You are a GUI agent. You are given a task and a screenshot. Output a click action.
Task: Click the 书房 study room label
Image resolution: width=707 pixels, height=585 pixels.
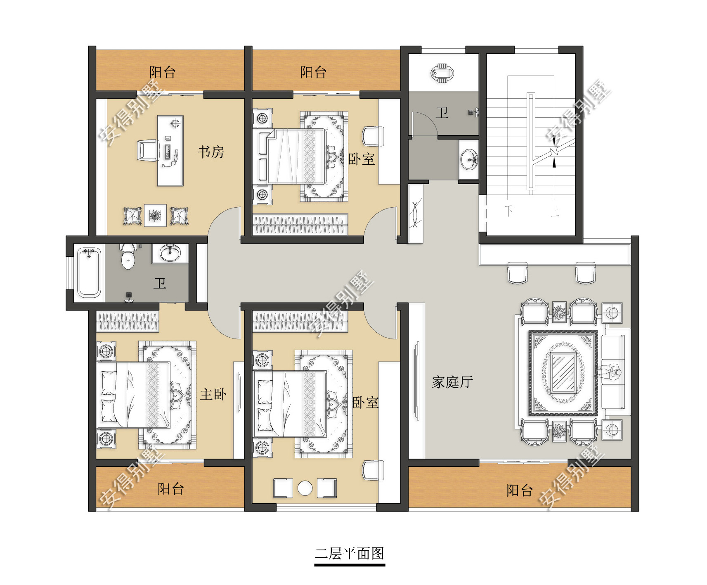(x=211, y=152)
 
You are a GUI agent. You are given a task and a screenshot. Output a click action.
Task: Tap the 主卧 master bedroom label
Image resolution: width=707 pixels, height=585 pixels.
(x=213, y=394)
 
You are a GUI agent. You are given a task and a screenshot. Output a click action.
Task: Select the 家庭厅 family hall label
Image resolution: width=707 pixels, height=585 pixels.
(x=452, y=382)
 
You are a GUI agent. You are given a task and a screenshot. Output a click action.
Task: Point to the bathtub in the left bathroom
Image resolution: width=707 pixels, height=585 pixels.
(x=89, y=272)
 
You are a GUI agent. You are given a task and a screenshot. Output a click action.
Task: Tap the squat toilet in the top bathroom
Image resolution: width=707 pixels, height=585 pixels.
(x=442, y=73)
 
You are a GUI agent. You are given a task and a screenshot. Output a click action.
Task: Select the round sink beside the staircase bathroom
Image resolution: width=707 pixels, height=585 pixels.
(x=469, y=159)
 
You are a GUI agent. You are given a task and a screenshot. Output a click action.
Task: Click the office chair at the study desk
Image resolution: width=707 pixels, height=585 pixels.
(x=147, y=150)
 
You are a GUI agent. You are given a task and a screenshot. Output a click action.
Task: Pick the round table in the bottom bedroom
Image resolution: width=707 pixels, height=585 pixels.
(x=305, y=488)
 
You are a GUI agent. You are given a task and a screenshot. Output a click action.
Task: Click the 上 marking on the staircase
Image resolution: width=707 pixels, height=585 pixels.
(x=555, y=212)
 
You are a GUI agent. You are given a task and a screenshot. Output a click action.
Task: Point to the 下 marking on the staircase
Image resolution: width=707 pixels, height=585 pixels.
(x=509, y=211)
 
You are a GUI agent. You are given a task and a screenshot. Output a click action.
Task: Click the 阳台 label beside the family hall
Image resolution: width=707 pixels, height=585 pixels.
(x=519, y=490)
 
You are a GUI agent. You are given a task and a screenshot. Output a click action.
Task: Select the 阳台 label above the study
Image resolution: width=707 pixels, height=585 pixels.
(x=162, y=72)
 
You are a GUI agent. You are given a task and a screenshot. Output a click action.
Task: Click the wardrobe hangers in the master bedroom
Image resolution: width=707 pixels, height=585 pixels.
(x=127, y=322)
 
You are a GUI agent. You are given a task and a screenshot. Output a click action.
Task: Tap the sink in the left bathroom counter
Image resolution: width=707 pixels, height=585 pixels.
(x=170, y=253)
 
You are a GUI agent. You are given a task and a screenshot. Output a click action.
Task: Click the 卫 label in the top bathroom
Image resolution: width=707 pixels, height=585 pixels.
(x=442, y=113)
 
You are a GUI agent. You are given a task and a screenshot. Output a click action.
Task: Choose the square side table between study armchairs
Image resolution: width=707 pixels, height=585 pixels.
(x=155, y=215)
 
